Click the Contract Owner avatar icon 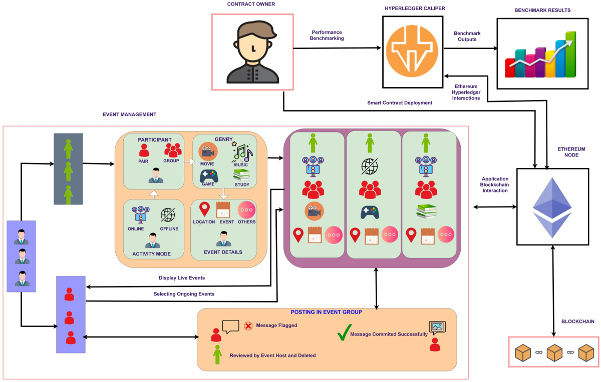coord(252,52)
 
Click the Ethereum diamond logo coord(552,206)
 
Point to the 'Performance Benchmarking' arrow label coord(327,34)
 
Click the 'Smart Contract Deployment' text coord(399,103)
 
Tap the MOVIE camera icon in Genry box coord(207,151)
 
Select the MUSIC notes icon coord(241,151)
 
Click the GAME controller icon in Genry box coord(209,176)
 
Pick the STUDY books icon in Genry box coord(241,175)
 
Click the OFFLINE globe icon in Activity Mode coord(168,214)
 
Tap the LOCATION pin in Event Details coord(204,209)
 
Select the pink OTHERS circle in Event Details coord(247,209)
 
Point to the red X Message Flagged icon coord(247,325)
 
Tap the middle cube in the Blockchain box coord(554,353)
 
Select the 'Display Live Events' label coord(182,278)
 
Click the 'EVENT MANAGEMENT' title coord(129,114)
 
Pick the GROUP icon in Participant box coord(173,149)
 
